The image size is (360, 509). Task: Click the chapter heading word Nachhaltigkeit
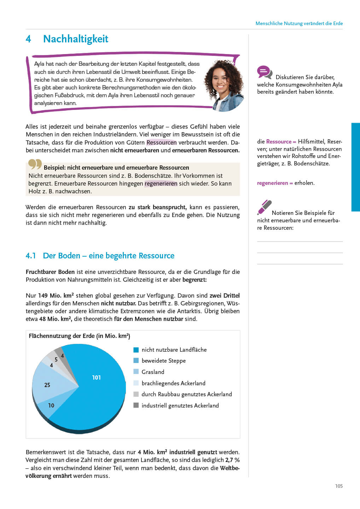tap(75, 39)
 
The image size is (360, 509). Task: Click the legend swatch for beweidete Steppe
tap(136, 361)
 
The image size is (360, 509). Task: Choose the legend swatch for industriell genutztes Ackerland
tap(136, 405)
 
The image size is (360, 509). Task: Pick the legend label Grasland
tap(153, 372)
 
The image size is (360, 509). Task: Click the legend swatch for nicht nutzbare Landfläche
tap(136, 350)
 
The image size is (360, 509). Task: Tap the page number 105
tap(339, 486)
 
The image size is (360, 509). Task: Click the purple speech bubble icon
tap(264, 72)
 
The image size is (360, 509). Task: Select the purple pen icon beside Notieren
tap(264, 207)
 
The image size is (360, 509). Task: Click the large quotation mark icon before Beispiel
tap(35, 164)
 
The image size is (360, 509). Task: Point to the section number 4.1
tap(31, 256)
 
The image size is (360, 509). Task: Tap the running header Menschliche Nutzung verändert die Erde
tap(299, 23)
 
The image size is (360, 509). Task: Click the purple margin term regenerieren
tap(272, 183)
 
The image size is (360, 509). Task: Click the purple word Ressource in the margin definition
tap(279, 141)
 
